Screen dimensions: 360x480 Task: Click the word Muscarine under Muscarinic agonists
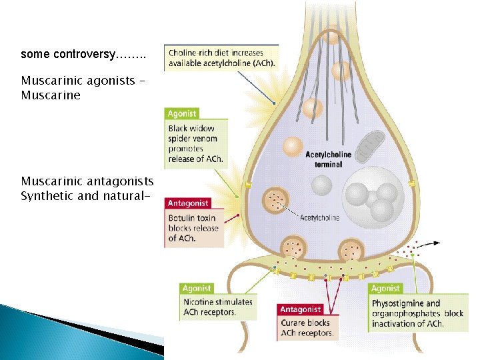pyautogui.click(x=50, y=95)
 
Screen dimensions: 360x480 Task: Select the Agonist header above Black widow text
pyautogui.click(x=182, y=114)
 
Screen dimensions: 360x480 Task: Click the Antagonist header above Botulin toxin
pyautogui.click(x=188, y=203)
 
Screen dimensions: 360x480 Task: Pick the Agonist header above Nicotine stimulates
pyautogui.click(x=197, y=289)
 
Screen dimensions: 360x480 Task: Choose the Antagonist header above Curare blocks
pyautogui.click(x=300, y=309)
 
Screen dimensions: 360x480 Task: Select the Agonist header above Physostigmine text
pyautogui.click(x=385, y=289)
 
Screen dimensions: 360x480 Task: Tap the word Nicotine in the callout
pyautogui.click(x=198, y=302)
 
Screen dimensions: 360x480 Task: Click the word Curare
pyautogui.click(x=294, y=323)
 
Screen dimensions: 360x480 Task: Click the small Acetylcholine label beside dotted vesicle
pyautogui.click(x=319, y=218)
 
